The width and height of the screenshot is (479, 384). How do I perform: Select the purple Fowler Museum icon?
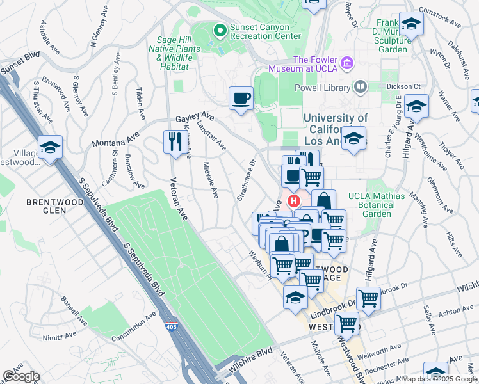tap(348, 63)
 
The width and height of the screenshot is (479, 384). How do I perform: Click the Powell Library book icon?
tap(361, 87)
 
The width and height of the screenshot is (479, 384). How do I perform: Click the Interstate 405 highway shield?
tap(170, 327)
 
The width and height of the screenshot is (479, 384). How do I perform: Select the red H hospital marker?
tap(294, 201)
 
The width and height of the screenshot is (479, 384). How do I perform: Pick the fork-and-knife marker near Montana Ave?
tap(173, 140)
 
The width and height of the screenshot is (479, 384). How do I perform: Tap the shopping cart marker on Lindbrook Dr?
tap(368, 297)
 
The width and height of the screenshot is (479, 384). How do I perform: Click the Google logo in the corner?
tap(21, 376)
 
